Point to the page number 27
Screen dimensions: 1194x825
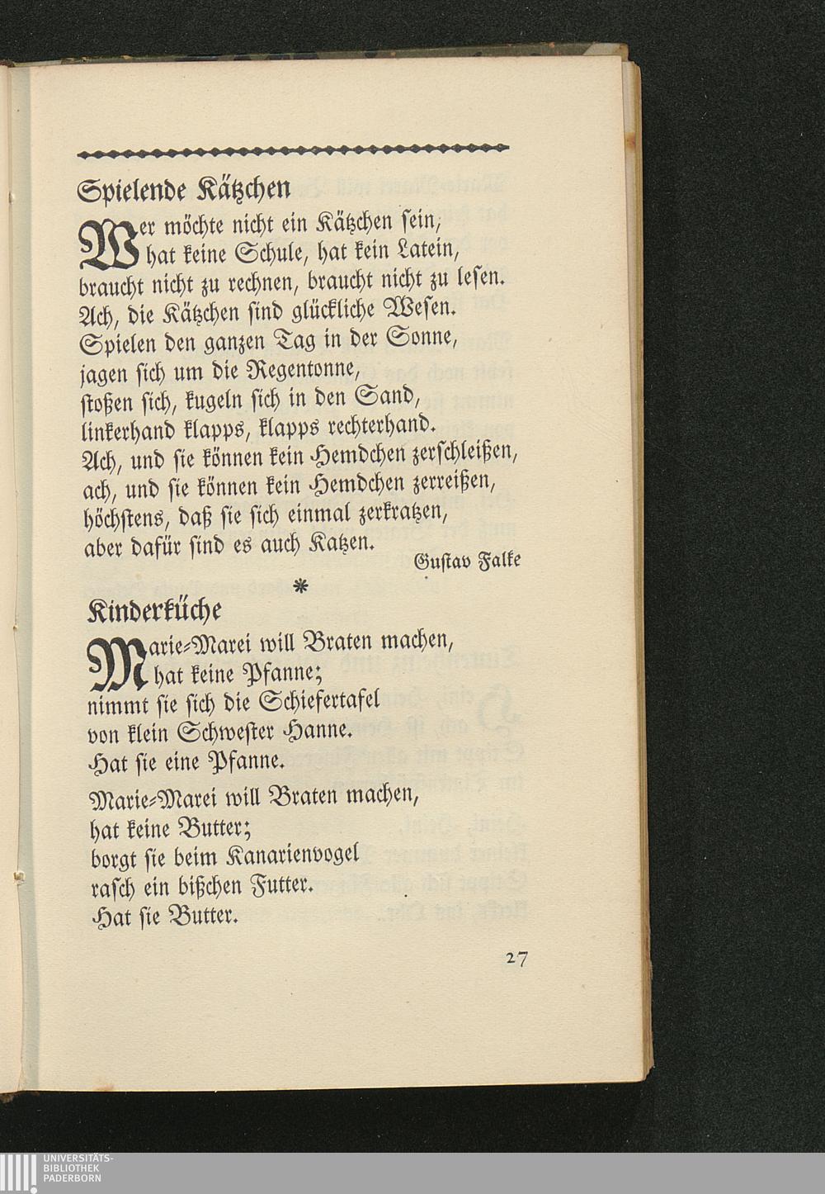(x=517, y=959)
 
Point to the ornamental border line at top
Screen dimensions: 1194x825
(x=293, y=149)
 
